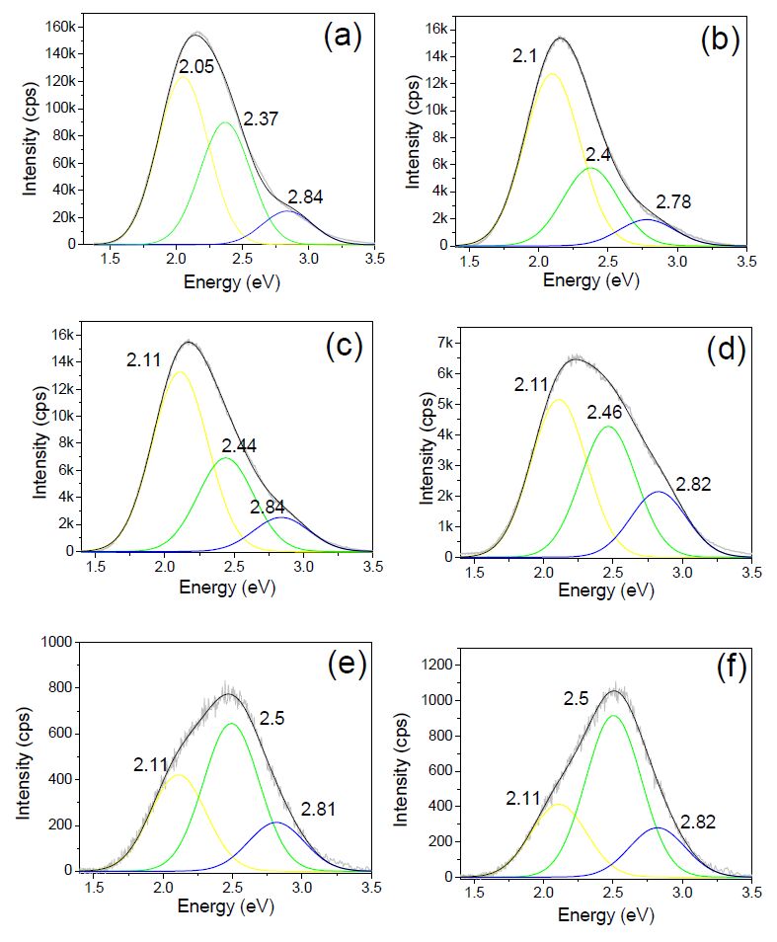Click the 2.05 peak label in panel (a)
[x=197, y=67]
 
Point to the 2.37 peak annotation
[x=260, y=119]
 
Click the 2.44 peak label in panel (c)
[x=240, y=445]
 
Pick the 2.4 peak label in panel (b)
[x=597, y=154]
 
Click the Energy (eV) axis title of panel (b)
[x=591, y=279]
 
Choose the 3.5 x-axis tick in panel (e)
[x=371, y=888]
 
